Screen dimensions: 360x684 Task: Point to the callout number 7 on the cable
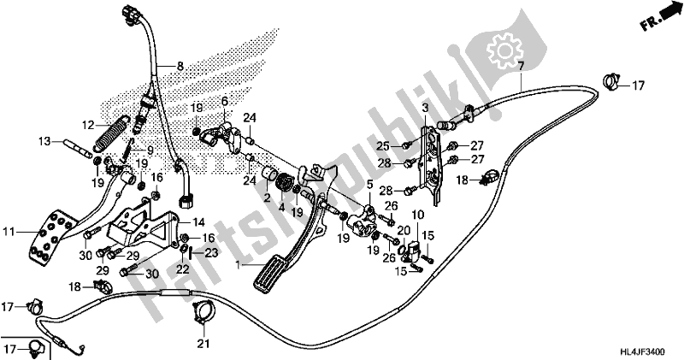pyautogui.click(x=521, y=66)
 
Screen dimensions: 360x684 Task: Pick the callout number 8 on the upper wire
pyautogui.click(x=180, y=66)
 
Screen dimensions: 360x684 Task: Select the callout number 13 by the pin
pyautogui.click(x=45, y=141)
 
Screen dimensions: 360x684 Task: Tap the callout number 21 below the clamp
pyautogui.click(x=202, y=345)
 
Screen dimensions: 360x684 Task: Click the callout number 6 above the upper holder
pyautogui.click(x=226, y=100)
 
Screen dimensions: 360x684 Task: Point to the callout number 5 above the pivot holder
pyautogui.click(x=370, y=184)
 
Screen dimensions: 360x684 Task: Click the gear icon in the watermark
pyautogui.click(x=497, y=44)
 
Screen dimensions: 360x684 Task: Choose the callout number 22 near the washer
pyautogui.click(x=182, y=269)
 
